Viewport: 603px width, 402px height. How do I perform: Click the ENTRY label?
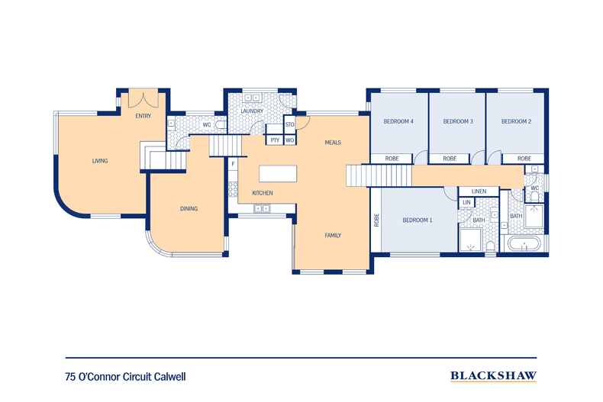click(143, 116)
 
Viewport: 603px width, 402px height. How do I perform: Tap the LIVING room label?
click(100, 161)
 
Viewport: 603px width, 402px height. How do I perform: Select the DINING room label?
click(189, 208)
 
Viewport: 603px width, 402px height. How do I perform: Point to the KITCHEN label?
click(263, 193)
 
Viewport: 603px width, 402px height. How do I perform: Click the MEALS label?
click(332, 143)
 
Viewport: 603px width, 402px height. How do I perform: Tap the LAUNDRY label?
click(252, 111)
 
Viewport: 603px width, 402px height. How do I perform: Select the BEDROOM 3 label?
click(458, 121)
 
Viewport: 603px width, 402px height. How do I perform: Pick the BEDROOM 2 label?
click(516, 121)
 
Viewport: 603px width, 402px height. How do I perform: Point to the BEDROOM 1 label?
click(418, 220)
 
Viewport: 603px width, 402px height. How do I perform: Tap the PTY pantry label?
click(274, 140)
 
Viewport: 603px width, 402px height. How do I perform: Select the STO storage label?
click(289, 124)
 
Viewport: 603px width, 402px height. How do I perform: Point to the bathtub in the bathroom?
click(524, 246)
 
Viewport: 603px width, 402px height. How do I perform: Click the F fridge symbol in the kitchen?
click(233, 163)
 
